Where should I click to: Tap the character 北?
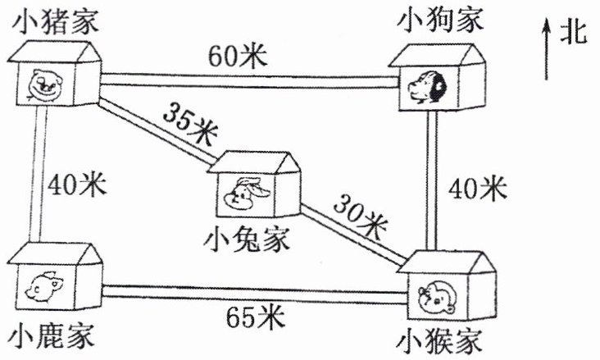(x=574, y=34)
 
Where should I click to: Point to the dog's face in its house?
(x=426, y=85)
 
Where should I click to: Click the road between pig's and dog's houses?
(x=246, y=78)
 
